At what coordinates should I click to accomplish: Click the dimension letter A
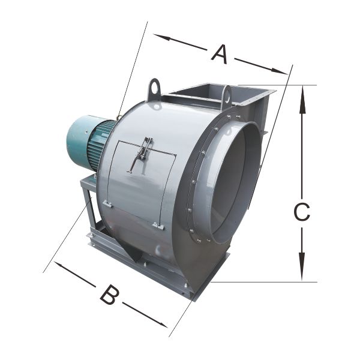click(220, 55)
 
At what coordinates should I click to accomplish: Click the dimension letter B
click(110, 295)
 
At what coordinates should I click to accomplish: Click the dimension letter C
click(302, 212)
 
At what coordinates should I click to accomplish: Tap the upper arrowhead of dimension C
click(302, 99)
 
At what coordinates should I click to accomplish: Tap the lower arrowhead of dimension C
click(302, 266)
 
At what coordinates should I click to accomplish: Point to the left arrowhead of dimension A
click(161, 37)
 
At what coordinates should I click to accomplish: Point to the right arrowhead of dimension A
click(280, 71)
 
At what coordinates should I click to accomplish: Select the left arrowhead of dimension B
click(62, 266)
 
